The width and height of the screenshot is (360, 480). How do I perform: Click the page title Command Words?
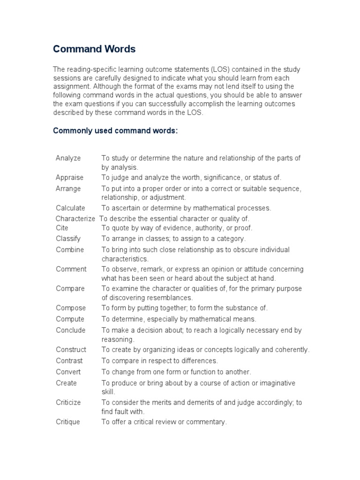coord(94,49)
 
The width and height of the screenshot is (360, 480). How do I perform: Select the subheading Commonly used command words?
coord(115,130)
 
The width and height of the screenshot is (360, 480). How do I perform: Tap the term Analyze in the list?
coord(68,158)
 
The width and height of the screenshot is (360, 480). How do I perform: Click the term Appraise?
coord(69,178)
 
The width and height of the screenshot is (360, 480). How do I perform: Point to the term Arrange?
coord(68,189)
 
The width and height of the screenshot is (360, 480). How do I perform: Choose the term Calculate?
coord(70,208)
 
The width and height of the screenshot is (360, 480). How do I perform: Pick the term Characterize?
coord(75,219)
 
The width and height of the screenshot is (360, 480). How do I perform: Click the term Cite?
coord(62,228)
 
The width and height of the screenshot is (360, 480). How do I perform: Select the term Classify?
coord(68,239)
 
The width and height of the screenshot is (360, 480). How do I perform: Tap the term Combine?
coord(70,250)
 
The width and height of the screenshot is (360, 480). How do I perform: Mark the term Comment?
coord(71,269)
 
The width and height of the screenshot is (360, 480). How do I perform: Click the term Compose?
coord(71,308)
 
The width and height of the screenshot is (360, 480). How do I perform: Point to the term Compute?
coord(70,319)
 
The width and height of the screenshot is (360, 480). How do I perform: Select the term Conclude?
coord(71,330)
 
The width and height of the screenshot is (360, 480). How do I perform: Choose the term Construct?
coord(71,350)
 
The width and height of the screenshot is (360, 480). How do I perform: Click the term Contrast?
coord(69,361)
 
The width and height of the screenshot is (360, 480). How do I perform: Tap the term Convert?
coord(68,372)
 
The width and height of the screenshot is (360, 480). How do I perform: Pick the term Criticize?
coord(68,403)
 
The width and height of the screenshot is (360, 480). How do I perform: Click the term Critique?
coord(68,422)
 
